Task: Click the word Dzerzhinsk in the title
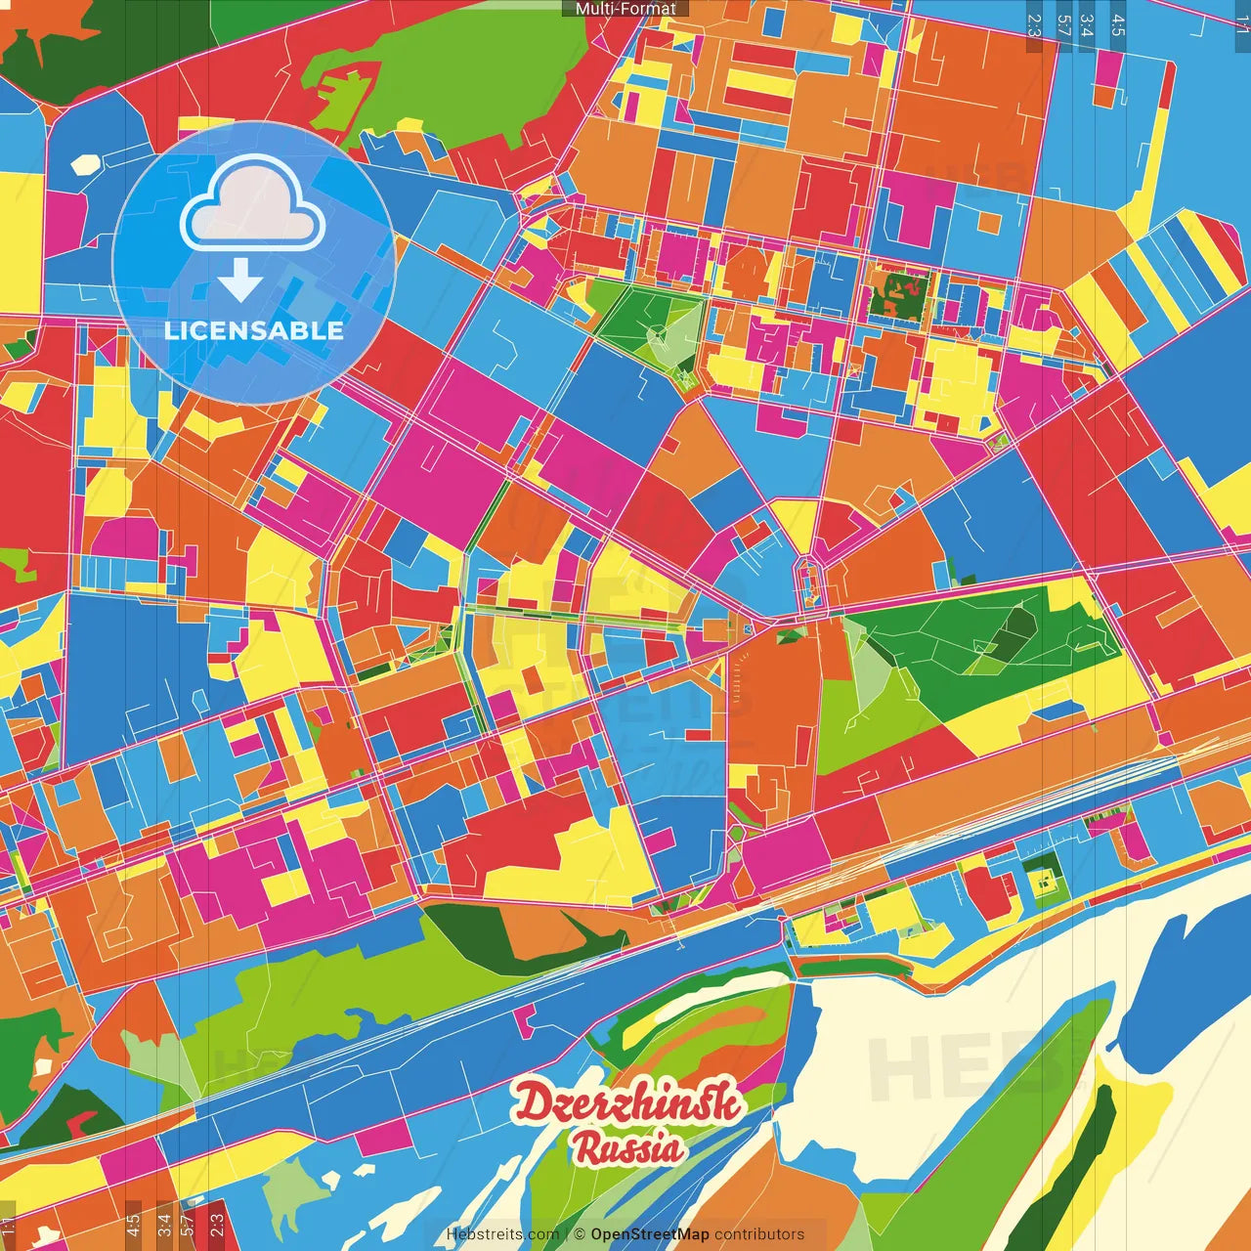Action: pyautogui.click(x=627, y=1104)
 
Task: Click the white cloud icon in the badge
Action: pyautogui.click(x=253, y=206)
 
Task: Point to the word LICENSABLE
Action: pyautogui.click(x=254, y=330)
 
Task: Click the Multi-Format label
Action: pyautogui.click(x=625, y=9)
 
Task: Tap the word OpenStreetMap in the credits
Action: pyautogui.click(x=649, y=1234)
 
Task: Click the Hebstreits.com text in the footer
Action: pyautogui.click(x=502, y=1234)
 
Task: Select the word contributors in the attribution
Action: pyautogui.click(x=759, y=1234)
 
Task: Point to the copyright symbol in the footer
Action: pyautogui.click(x=579, y=1234)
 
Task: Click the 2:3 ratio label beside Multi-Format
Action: pyautogui.click(x=1034, y=23)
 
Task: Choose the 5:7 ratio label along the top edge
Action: pyautogui.click(x=1063, y=23)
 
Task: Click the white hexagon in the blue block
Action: pyautogui.click(x=87, y=163)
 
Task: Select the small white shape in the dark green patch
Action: pyautogui.click(x=45, y=1065)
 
